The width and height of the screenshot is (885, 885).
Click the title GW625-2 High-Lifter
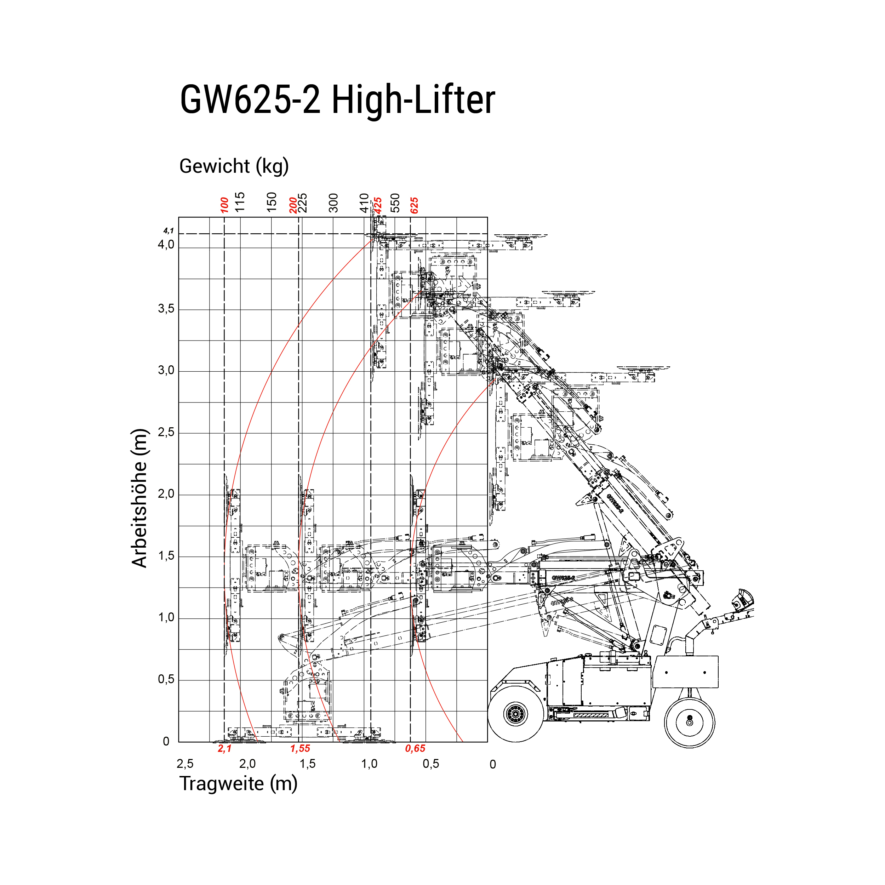click(338, 100)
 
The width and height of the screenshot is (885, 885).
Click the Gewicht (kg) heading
click(234, 166)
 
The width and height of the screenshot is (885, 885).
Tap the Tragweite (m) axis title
click(238, 784)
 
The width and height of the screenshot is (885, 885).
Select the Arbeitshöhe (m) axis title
click(139, 498)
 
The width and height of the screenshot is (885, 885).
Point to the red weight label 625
click(414, 205)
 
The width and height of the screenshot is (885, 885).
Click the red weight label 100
click(224, 205)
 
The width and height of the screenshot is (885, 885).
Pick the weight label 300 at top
click(333, 203)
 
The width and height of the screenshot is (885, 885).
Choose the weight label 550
click(395, 203)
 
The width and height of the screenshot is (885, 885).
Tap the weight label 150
click(272, 202)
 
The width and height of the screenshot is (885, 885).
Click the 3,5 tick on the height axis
click(166, 309)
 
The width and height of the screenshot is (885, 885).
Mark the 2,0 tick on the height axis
click(166, 494)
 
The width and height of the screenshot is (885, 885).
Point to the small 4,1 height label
click(169, 231)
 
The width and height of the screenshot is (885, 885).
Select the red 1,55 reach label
click(300, 748)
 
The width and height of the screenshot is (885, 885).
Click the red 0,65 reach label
click(415, 748)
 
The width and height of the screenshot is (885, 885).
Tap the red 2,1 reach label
click(224, 748)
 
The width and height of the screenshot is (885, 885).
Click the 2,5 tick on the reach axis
click(185, 764)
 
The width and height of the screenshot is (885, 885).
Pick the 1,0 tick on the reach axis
click(369, 764)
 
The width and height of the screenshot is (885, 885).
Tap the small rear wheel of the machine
click(689, 723)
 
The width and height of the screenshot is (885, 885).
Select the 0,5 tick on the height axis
click(166, 679)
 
